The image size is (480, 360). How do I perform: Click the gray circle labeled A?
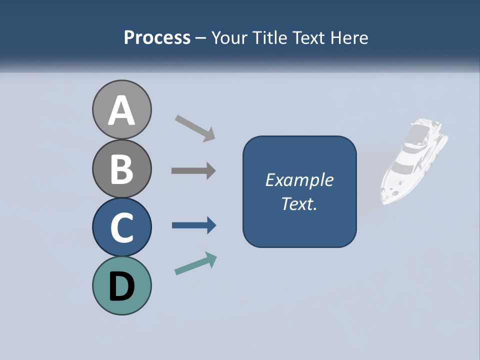click(x=121, y=109)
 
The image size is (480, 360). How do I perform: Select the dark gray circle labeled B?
click(x=121, y=168)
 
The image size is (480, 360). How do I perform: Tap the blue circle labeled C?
click(x=121, y=227)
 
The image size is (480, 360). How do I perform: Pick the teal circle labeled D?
click(x=121, y=285)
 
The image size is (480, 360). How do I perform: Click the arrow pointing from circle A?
click(x=194, y=128)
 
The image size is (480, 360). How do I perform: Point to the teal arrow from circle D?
click(x=195, y=264)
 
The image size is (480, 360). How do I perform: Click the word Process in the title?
click(x=157, y=38)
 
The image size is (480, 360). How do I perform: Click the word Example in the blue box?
click(x=299, y=180)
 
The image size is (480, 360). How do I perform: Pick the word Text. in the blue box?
click(x=299, y=203)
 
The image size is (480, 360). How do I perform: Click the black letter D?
click(x=121, y=286)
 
